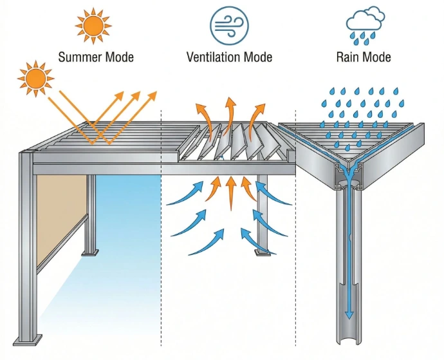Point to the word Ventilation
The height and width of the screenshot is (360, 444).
tap(214, 57)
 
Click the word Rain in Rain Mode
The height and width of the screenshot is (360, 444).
tap(349, 57)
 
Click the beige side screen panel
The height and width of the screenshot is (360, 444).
tap(61, 219)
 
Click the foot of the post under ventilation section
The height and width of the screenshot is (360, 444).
tap(263, 251)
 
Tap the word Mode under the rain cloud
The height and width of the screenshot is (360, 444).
tap(377, 57)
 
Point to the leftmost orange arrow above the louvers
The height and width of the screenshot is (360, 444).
tap(205, 116)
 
